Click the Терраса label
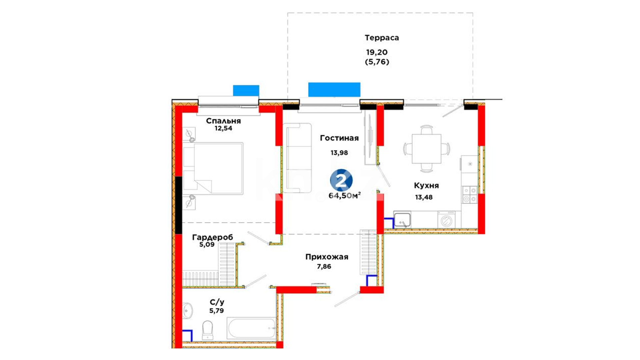coord(382,38)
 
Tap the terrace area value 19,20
coord(377,52)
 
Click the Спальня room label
coord(223,121)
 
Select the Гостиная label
coord(339,138)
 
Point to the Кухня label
coord(426,185)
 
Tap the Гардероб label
coord(213,237)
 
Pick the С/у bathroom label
coord(217,302)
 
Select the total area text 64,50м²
coord(345,195)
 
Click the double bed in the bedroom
coord(213,168)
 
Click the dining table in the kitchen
coord(426,149)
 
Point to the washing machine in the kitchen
coord(446,220)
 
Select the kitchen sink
coord(402,220)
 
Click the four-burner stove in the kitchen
coord(469,195)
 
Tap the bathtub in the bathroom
coord(252,328)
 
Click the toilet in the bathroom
coord(207,330)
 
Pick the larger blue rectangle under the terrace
coord(334,90)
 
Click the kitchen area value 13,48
coord(424,197)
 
